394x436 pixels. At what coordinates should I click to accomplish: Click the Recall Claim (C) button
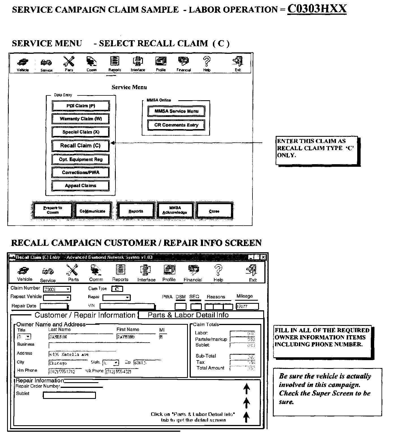point(80,146)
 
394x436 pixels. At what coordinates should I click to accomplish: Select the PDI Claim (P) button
point(81,106)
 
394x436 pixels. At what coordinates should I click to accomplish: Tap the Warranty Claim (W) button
point(81,119)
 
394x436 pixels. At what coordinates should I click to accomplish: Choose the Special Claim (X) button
point(81,132)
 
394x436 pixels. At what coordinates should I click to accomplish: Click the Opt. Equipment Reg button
point(81,159)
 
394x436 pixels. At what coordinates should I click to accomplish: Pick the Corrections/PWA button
point(81,172)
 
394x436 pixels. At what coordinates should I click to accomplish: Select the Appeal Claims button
point(81,186)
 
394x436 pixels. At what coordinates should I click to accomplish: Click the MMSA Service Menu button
point(176,111)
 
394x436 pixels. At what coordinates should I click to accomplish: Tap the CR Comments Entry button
point(176,125)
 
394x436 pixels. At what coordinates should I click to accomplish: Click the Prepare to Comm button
point(53,210)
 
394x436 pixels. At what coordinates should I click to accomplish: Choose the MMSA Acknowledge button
point(175,210)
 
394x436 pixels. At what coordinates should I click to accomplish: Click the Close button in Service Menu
point(214,211)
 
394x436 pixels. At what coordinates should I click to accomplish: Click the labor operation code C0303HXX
point(317,8)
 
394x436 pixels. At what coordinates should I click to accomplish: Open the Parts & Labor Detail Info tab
point(188,315)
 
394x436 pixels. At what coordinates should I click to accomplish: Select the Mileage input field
point(247,306)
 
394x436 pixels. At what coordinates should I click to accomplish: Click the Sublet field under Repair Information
point(69,395)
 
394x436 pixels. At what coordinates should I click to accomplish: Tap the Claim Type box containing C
point(117,289)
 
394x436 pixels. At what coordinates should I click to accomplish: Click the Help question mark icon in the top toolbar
point(207,61)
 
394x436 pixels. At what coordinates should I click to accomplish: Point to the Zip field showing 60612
point(144,363)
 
